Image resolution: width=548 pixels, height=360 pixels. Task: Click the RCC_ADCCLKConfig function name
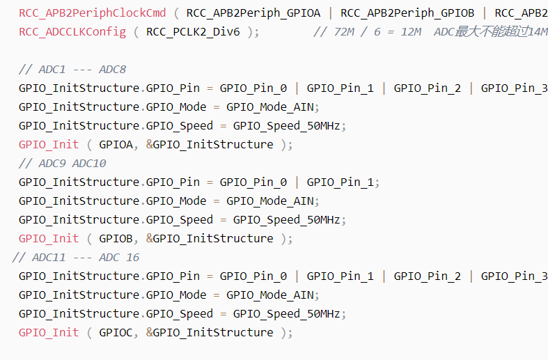pyautogui.click(x=72, y=32)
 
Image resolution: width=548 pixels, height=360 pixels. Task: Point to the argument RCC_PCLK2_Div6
pyautogui.click(x=193, y=32)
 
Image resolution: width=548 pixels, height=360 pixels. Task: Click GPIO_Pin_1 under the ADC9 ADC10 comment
pyautogui.click(x=340, y=182)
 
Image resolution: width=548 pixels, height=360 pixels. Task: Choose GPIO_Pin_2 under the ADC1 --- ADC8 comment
pyautogui.click(x=428, y=88)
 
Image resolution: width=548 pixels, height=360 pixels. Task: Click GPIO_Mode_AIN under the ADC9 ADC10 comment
pyautogui.click(x=269, y=201)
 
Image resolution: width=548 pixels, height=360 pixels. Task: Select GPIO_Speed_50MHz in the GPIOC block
pyautogui.click(x=286, y=314)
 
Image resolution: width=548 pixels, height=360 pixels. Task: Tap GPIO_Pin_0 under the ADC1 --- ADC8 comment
pyautogui.click(x=253, y=88)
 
